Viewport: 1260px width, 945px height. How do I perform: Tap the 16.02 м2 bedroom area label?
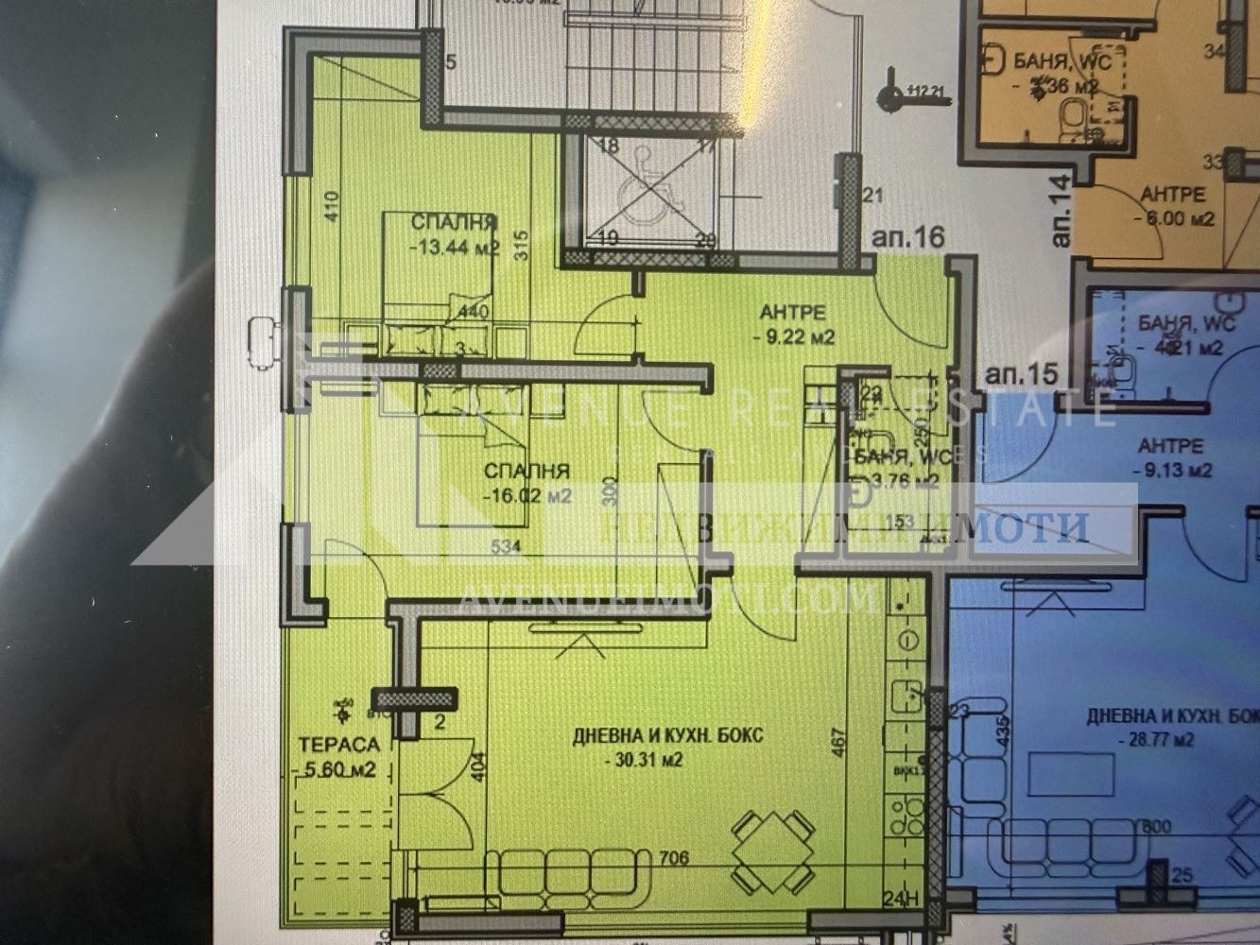[x=526, y=495]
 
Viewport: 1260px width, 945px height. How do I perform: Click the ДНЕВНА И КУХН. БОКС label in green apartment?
[x=667, y=736]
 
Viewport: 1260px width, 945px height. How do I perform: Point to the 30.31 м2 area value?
[x=645, y=759]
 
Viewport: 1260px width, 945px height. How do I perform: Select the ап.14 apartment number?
[x=1061, y=210]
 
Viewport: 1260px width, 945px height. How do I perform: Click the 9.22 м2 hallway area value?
[x=793, y=336]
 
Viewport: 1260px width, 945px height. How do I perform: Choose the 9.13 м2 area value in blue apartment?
[x=1171, y=470]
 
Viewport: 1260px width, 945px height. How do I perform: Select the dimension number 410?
[x=331, y=206]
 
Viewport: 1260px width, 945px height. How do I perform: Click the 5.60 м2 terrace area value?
[x=337, y=769]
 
